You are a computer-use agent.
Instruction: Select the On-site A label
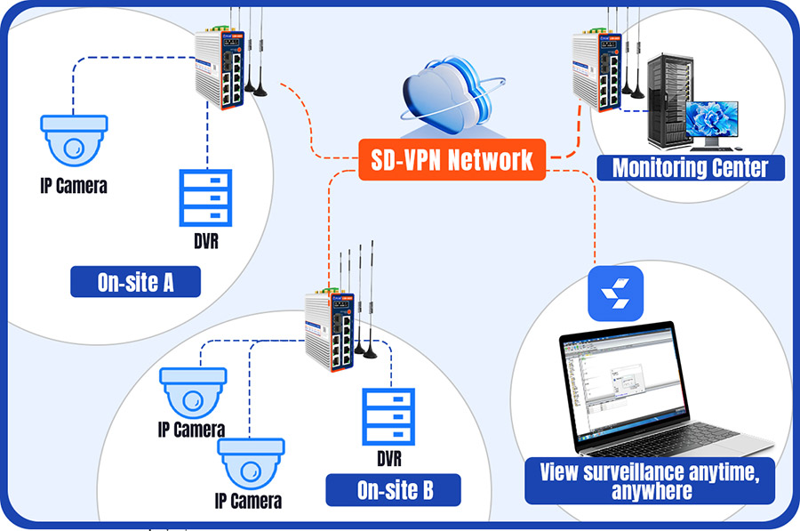[x=135, y=283]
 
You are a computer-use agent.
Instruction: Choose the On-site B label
[x=395, y=489]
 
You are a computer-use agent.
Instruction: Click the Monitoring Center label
[x=690, y=166]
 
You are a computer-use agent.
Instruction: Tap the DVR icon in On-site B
[x=389, y=418]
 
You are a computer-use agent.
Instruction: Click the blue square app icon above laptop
[x=614, y=292]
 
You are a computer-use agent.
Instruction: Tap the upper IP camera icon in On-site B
[x=193, y=393]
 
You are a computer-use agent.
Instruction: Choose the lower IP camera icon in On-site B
[x=252, y=463]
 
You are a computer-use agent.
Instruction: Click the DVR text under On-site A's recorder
[x=206, y=241]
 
